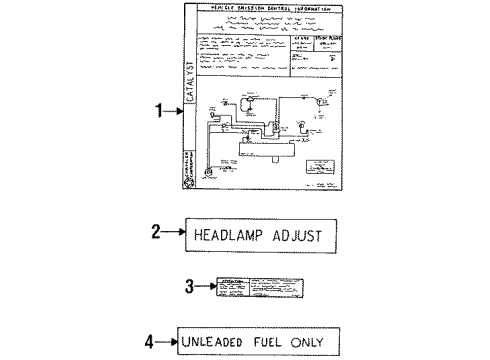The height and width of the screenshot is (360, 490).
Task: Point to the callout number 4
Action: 149,339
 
